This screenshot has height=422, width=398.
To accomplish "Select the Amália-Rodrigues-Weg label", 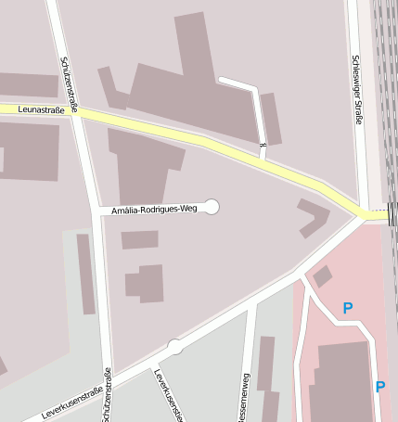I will [x=154, y=210].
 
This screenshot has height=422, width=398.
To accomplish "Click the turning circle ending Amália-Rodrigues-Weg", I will [x=212, y=207].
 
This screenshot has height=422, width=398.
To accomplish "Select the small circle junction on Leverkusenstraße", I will [x=174, y=347].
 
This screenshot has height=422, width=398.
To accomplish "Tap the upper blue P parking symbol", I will [x=348, y=308].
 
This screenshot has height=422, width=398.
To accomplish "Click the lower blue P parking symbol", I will [x=380, y=387].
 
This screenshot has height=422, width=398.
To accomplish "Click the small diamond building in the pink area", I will [x=322, y=275].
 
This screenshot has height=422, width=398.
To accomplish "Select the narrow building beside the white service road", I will [x=270, y=118].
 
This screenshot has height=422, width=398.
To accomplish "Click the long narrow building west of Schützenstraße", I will [x=85, y=274].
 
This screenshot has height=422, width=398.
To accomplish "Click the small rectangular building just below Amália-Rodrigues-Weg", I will [x=139, y=239].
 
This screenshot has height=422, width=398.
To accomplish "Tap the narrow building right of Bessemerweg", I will [x=266, y=363].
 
